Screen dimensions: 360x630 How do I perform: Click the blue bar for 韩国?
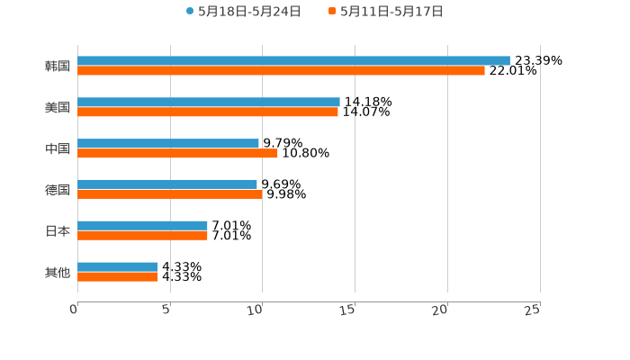pyautogui.click(x=293, y=60)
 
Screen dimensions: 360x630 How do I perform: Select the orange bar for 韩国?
pyautogui.click(x=281, y=71)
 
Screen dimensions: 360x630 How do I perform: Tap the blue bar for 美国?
pyautogui.click(x=209, y=102)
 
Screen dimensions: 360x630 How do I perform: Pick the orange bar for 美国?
pyautogui.click(x=208, y=112)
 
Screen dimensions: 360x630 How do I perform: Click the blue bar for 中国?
pyautogui.click(x=168, y=143)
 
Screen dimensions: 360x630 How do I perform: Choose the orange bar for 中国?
pyautogui.click(x=177, y=154)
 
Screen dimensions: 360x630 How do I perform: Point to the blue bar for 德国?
pyautogui.click(x=167, y=184)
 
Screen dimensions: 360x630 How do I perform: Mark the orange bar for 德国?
pyautogui.click(x=170, y=194)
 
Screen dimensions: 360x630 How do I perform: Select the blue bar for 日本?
pyautogui.click(x=142, y=225)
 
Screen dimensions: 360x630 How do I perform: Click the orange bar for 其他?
pyautogui.click(x=118, y=277)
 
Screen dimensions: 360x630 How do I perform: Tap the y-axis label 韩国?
pyautogui.click(x=58, y=66)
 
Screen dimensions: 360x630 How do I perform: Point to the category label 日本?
pyautogui.click(x=58, y=230)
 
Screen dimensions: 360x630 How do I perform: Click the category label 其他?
pyautogui.click(x=58, y=272)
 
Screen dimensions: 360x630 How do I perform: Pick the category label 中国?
pyautogui.click(x=58, y=148)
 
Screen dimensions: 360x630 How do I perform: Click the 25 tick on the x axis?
pyautogui.click(x=532, y=310)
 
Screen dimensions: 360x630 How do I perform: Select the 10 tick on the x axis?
pyautogui.click(x=255, y=310)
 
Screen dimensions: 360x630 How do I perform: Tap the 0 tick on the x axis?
pyautogui.click(x=74, y=310)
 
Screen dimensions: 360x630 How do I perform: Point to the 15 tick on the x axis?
pyautogui.click(x=347, y=310)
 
